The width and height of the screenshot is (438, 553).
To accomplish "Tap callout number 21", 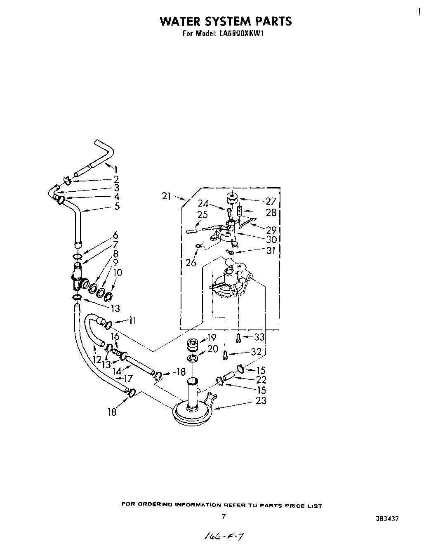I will click(x=166, y=196).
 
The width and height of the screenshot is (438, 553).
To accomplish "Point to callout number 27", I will click(x=271, y=202).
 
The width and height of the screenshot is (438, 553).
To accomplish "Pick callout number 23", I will click(x=261, y=400).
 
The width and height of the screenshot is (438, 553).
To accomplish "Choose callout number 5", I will click(x=117, y=206).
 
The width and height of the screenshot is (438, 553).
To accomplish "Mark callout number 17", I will click(x=128, y=378).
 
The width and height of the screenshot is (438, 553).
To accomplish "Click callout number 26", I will click(x=191, y=262).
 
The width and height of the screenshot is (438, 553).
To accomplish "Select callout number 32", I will click(x=257, y=352).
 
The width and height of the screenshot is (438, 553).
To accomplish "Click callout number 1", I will click(x=116, y=169).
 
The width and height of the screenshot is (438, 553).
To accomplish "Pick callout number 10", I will click(x=118, y=273).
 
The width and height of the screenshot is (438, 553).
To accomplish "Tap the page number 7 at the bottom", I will click(x=224, y=516).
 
